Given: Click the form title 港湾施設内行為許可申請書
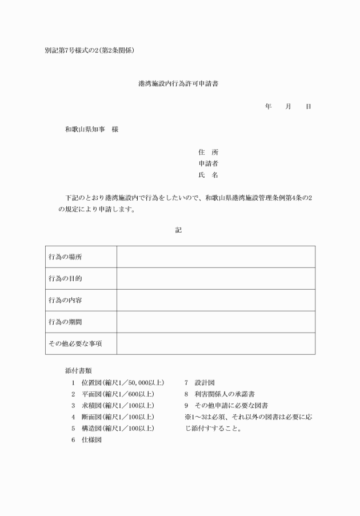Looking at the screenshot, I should pyautogui.click(x=178, y=83).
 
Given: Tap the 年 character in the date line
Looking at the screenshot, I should pyautogui.click(x=268, y=107).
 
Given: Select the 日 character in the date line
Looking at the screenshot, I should pyautogui.click(x=309, y=107).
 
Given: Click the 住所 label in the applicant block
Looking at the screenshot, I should pyautogui.click(x=208, y=153).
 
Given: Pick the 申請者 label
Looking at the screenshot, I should pyautogui.click(x=208, y=164).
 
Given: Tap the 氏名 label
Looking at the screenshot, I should pyautogui.click(x=208, y=175).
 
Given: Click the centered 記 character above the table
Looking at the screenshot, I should pyautogui.click(x=178, y=230).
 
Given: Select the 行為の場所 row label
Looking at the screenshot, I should pyautogui.click(x=65, y=257).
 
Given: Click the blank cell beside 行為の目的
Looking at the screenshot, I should pyautogui.click(x=215, y=279).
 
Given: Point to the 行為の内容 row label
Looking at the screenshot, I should pyautogui.click(x=65, y=301).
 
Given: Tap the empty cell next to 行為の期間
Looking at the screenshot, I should pyautogui.click(x=215, y=322).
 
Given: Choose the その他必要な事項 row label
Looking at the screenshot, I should pyautogui.click(x=74, y=344).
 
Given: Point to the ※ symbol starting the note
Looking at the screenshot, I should pyautogui.click(x=187, y=417).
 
